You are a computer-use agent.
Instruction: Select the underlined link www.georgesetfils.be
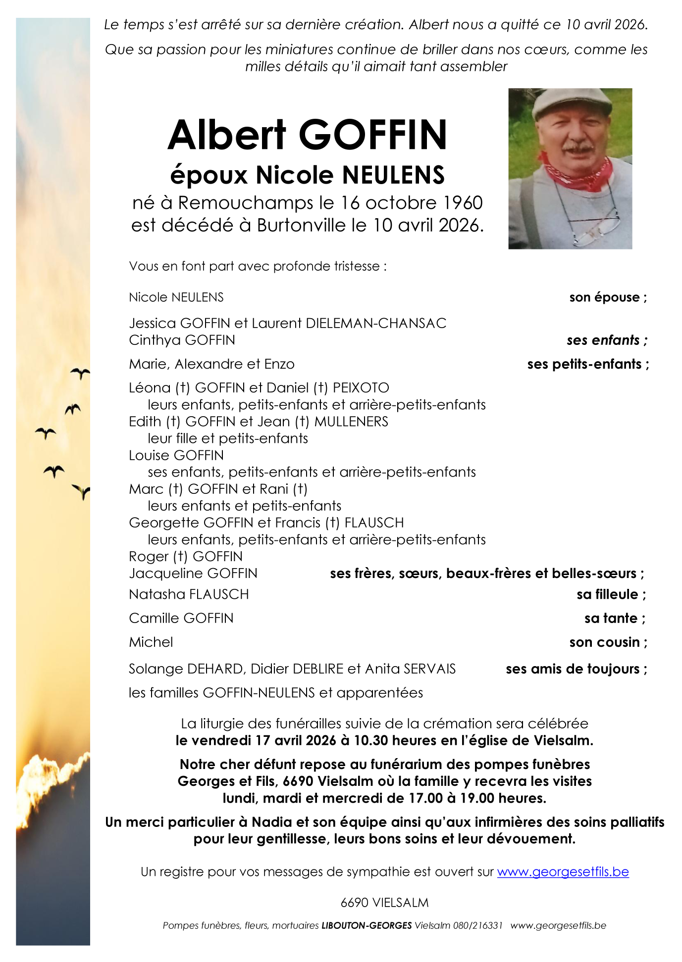tap(563, 871)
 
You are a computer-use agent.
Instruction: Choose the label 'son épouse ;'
tap(608, 297)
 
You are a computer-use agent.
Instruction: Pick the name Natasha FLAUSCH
tap(189, 594)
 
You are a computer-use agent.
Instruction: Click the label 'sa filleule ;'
tap(611, 594)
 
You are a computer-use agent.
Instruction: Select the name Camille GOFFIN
tap(181, 618)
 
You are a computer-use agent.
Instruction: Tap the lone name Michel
tap(151, 642)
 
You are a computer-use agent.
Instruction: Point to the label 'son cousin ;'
tap(608, 642)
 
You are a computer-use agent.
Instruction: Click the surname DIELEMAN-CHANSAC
tap(376, 323)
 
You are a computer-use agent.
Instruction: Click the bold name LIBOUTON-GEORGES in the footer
tap(367, 925)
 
